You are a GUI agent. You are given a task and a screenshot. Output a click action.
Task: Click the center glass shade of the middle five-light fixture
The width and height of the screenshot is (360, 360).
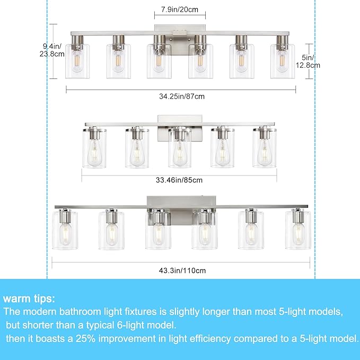[179, 151]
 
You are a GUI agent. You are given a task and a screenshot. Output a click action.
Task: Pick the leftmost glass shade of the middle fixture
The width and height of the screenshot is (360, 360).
[94, 150]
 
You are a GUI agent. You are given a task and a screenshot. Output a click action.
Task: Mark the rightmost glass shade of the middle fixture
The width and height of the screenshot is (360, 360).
[264, 150]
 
